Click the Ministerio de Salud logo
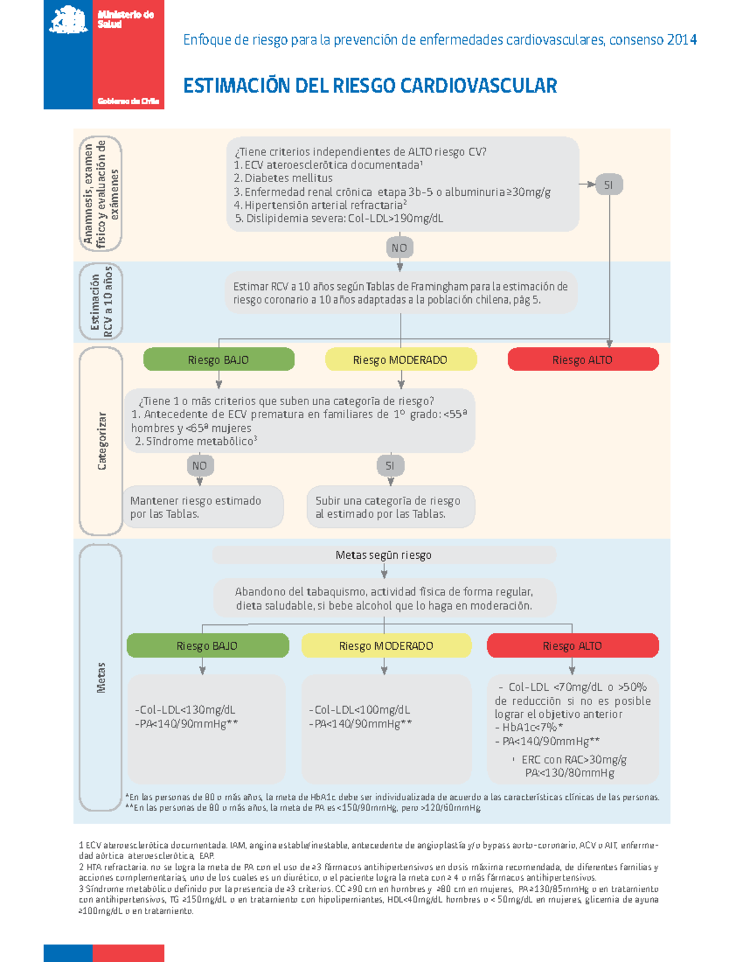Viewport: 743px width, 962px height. tap(103, 55)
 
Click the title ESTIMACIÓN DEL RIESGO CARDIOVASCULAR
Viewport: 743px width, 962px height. tap(370, 85)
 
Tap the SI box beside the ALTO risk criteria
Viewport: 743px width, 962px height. tap(609, 185)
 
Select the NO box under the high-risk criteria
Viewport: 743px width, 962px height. tap(399, 248)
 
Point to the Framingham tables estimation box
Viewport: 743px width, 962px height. tap(400, 293)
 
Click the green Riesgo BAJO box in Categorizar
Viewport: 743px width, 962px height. tap(219, 360)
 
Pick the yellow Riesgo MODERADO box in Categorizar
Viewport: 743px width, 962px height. tap(401, 360)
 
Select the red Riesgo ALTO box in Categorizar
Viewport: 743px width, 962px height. tap(583, 360)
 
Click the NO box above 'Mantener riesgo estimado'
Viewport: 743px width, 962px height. tap(199, 466)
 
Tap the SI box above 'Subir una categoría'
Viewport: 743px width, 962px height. tap(390, 466)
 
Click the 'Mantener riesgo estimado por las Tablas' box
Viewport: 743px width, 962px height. tap(202, 507)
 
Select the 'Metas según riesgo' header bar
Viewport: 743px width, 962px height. tap(384, 555)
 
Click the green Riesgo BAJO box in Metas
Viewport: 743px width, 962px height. tap(207, 645)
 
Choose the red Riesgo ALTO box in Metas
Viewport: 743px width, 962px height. tap(572, 645)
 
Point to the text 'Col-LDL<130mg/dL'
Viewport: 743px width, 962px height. tap(186, 710)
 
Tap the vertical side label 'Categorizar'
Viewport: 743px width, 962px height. tap(102, 440)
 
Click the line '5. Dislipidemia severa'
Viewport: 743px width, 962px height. tap(339, 219)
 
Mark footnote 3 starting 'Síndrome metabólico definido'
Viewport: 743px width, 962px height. tap(368, 899)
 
